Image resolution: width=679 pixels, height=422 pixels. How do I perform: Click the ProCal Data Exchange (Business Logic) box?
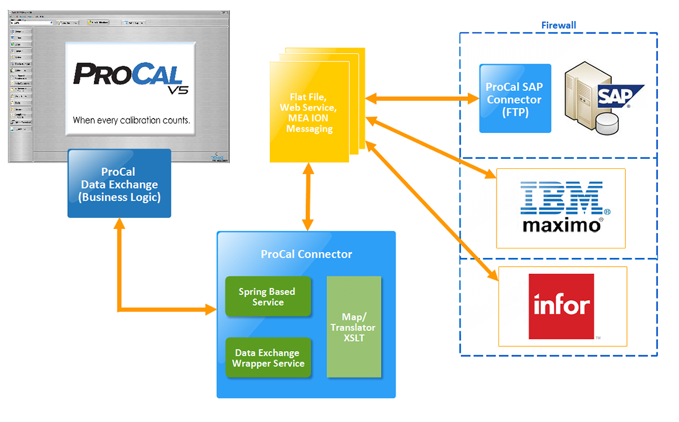(x=119, y=184)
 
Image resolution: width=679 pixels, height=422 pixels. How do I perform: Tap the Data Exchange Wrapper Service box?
(x=268, y=358)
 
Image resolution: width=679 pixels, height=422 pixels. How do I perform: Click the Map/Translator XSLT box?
(x=353, y=327)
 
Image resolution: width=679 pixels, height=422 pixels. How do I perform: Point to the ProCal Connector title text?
(x=306, y=254)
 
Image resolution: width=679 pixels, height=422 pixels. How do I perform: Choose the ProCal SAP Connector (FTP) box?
(x=514, y=98)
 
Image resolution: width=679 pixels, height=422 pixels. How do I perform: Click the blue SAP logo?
(x=617, y=95)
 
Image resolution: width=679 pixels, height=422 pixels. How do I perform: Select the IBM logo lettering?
(x=561, y=198)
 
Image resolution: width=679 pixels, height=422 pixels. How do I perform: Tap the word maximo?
(x=562, y=225)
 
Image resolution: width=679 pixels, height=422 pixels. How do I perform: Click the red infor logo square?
(x=561, y=306)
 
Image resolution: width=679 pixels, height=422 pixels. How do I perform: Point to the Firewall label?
(x=559, y=25)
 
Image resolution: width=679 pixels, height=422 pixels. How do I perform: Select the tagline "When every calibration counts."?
(x=131, y=120)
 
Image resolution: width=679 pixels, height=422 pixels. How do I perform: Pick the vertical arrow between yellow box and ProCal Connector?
(x=308, y=197)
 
